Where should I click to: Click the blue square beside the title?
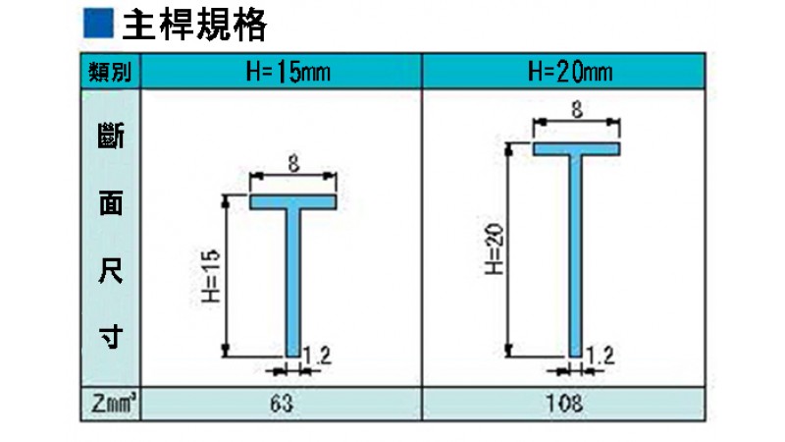coord(98,24)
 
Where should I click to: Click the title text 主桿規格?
coord(194,25)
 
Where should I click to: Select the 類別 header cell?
coord(110,71)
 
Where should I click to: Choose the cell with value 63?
coord(282,404)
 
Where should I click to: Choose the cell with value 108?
coord(563,404)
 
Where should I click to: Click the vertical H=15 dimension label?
coord(211,276)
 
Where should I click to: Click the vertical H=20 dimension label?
coord(495,249)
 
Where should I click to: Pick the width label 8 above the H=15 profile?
coord(293,163)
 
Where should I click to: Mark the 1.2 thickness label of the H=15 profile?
coord(317,356)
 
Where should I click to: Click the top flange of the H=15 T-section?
coord(292,202)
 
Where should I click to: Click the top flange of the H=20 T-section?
coord(576,149)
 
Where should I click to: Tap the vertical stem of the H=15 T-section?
coord(293,283)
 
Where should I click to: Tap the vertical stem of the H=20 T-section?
coord(576,256)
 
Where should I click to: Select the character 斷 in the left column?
coord(111,136)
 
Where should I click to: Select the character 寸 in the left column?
coord(111,336)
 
